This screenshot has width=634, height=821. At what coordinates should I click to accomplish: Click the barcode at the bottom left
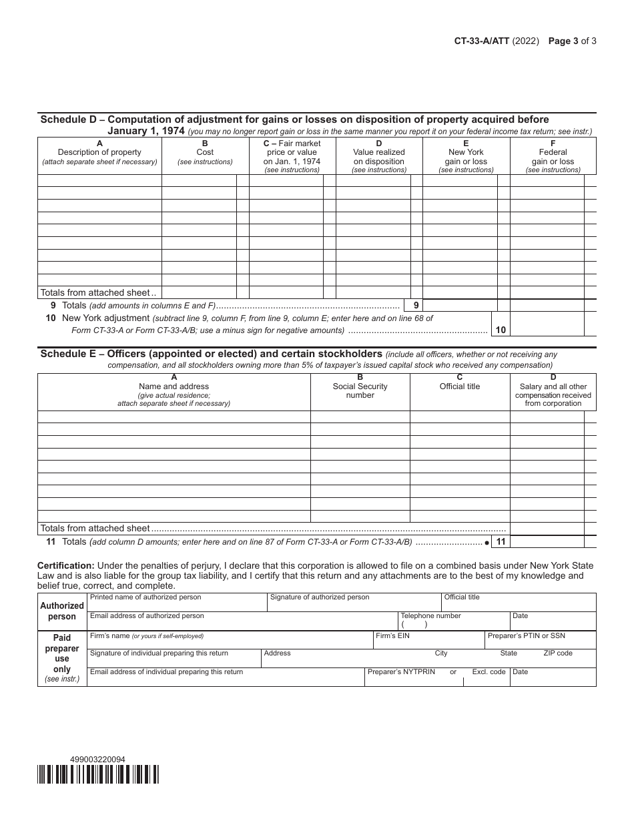click(x=98, y=774)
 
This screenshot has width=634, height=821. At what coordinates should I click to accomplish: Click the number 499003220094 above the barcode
click(x=97, y=760)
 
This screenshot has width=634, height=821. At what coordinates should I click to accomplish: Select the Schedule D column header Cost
click(x=205, y=152)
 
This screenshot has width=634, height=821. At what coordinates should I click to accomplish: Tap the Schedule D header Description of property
click(x=99, y=152)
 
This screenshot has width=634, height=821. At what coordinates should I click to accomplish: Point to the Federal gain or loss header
click(x=553, y=157)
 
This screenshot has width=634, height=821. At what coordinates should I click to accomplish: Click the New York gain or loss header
click(x=466, y=157)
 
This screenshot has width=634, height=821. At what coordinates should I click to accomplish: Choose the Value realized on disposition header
click(x=379, y=157)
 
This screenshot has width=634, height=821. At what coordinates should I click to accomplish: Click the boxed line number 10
click(x=501, y=330)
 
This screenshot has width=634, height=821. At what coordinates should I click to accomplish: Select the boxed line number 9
click(x=416, y=305)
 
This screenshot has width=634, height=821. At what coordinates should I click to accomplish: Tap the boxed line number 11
click(x=501, y=542)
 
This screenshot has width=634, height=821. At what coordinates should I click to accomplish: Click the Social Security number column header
click(x=360, y=390)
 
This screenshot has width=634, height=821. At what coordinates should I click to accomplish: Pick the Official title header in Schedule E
click(x=460, y=386)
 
